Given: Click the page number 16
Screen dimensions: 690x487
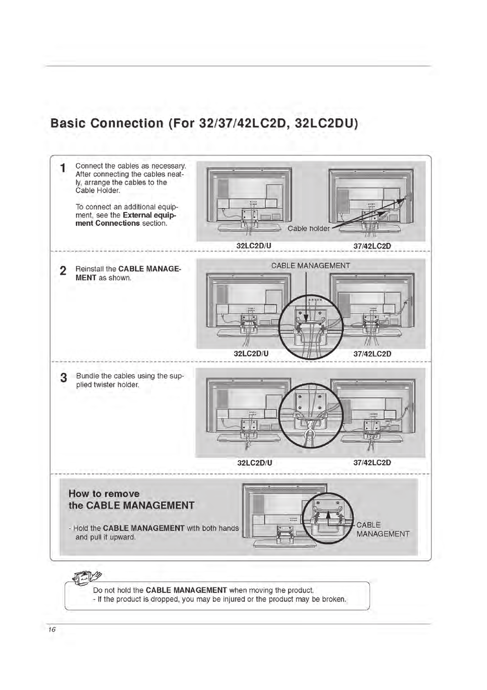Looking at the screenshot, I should (x=52, y=630).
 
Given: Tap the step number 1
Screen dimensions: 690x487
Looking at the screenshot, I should (x=63, y=168).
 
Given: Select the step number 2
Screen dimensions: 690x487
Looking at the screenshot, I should (x=63, y=271).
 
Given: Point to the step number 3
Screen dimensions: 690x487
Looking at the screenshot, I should (x=63, y=378).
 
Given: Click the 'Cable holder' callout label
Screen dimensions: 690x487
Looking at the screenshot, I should (x=308, y=229).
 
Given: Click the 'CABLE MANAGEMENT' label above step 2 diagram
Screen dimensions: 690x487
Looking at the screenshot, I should (x=311, y=266).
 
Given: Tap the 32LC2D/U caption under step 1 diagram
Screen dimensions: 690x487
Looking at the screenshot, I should (x=254, y=246).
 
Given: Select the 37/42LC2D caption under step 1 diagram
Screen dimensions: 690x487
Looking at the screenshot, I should (x=372, y=246).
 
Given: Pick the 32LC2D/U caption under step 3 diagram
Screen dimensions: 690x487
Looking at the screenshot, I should (x=255, y=463).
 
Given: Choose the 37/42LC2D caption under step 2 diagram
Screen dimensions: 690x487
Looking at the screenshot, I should (x=372, y=354).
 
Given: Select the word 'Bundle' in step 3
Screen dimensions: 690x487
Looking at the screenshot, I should (x=88, y=376).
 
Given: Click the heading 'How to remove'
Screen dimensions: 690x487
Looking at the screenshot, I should (x=104, y=494).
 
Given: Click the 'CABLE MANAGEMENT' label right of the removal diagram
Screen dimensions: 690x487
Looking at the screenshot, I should (x=382, y=529).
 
